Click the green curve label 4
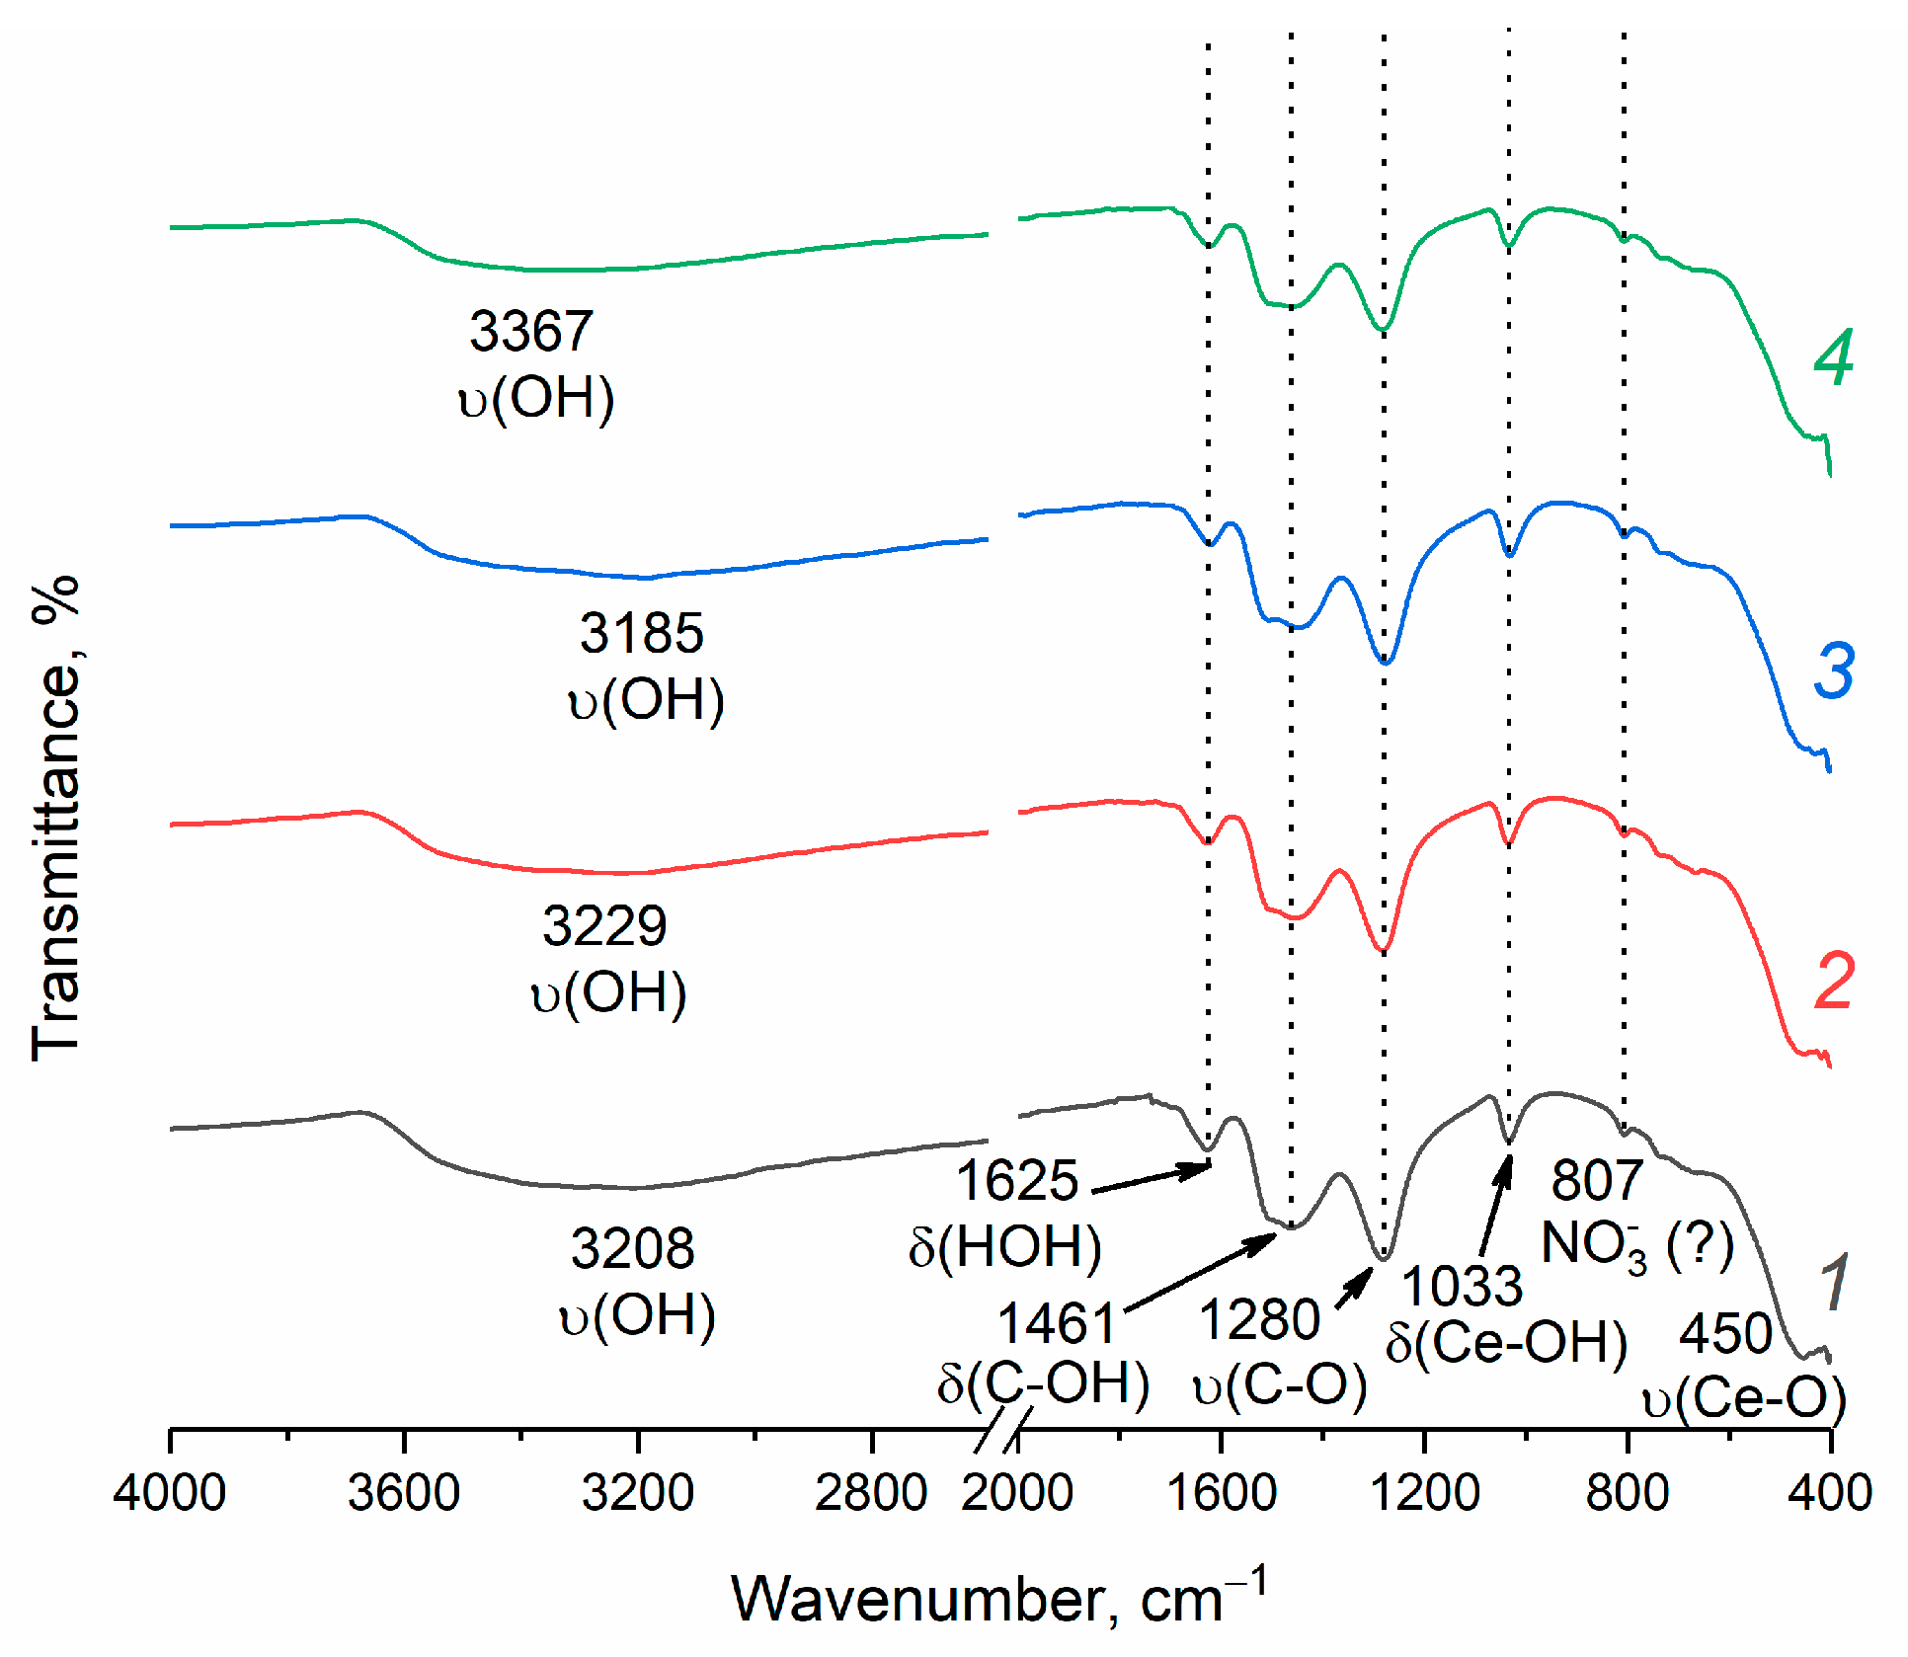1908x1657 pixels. (1833, 357)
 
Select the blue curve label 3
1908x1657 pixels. (1834, 671)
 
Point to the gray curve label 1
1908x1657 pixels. (1833, 1282)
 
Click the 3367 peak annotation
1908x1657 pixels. (531, 331)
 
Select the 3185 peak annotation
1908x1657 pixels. (642, 633)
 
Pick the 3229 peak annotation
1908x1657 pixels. (604, 926)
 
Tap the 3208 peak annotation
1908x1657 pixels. (632, 1248)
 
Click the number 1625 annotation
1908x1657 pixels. (1017, 1180)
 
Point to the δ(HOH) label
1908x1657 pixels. (1004, 1246)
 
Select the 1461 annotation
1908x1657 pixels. (1057, 1323)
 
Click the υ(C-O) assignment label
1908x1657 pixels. (1280, 1384)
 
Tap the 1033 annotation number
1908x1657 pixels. (1462, 1286)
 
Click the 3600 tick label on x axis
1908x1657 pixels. (403, 1493)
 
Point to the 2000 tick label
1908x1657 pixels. (1017, 1493)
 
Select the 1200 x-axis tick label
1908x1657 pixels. (1424, 1493)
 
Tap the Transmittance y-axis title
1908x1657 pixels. (55, 820)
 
